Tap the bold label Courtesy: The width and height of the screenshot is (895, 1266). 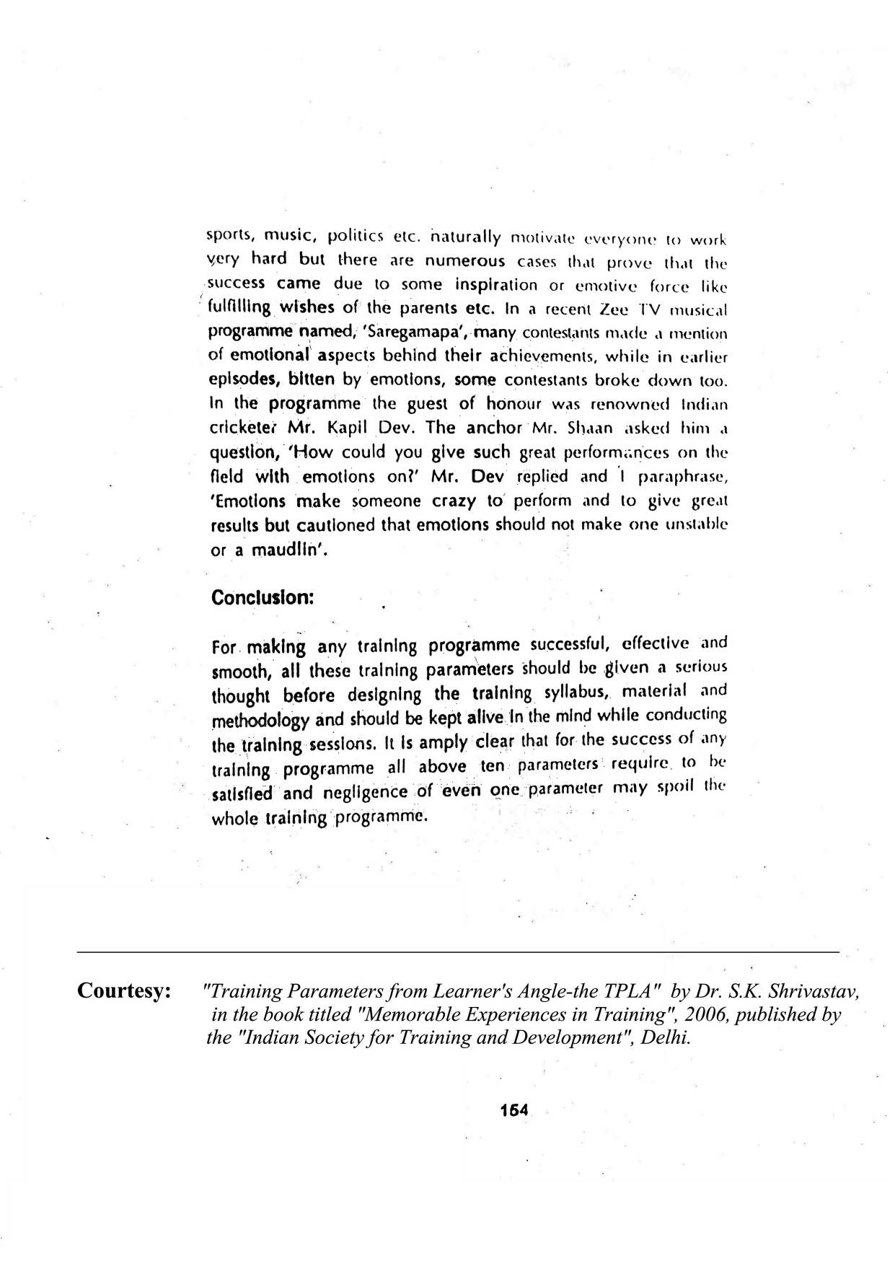[124, 990]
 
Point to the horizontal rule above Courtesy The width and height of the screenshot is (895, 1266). [458, 952]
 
